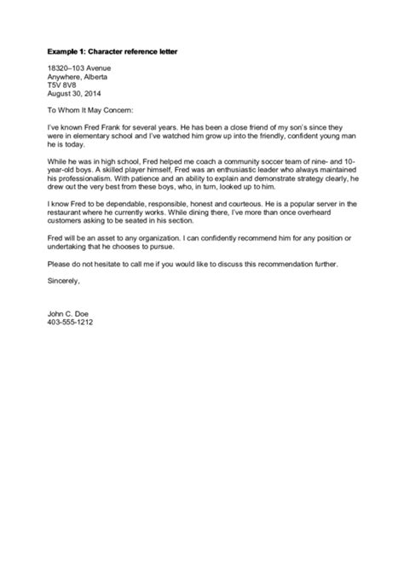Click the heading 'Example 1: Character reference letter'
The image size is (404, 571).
click(118, 54)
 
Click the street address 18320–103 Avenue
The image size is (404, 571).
click(79, 67)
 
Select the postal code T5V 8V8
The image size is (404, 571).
click(63, 84)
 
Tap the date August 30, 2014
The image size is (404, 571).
click(74, 93)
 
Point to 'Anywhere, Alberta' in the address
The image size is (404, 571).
click(79, 76)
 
